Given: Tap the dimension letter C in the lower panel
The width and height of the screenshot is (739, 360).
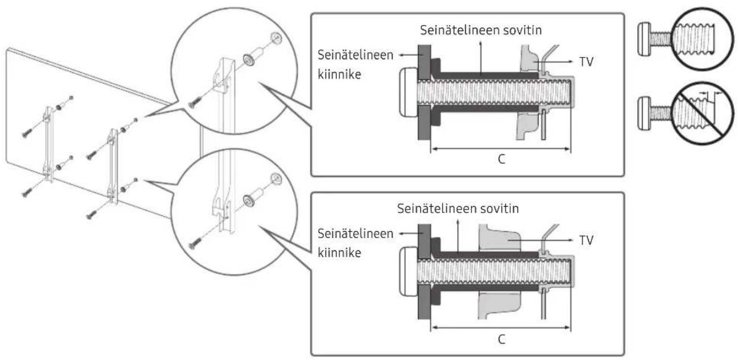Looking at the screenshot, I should [x=501, y=337].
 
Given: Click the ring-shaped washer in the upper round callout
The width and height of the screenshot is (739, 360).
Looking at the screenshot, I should [x=249, y=60].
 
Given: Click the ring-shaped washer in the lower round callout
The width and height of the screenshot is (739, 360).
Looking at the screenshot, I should [x=249, y=200].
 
